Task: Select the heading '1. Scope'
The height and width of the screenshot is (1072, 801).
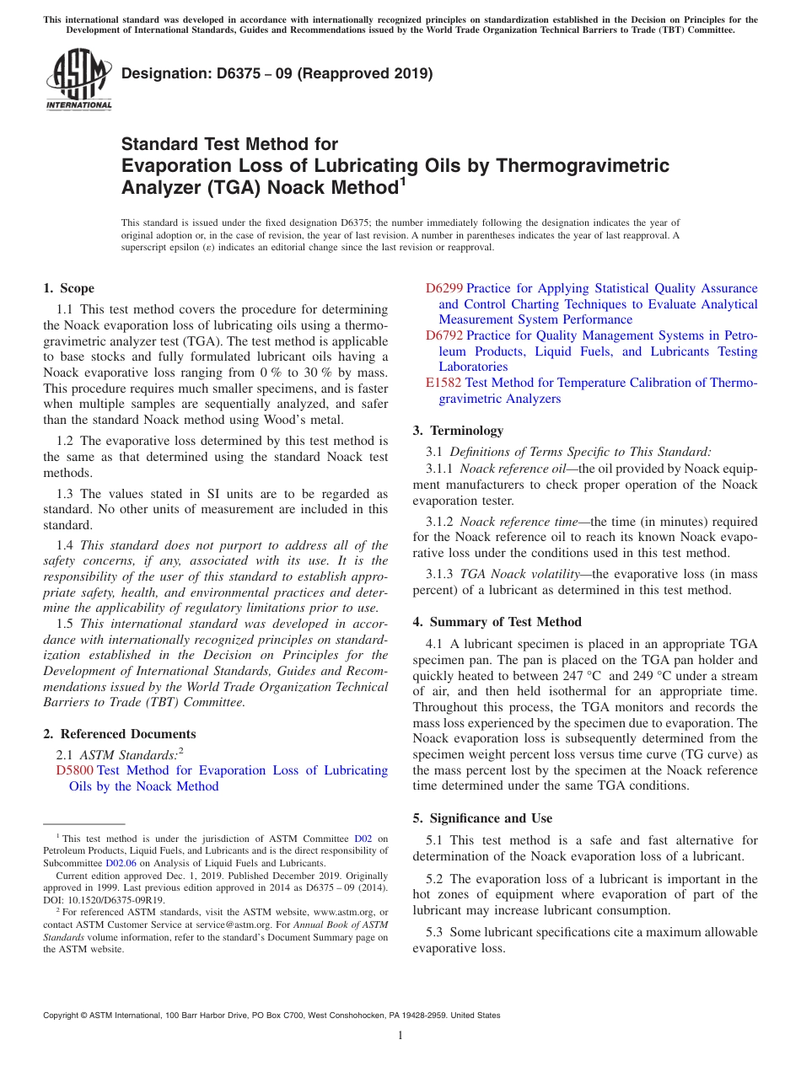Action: click(68, 288)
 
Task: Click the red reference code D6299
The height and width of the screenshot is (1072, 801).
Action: click(444, 288)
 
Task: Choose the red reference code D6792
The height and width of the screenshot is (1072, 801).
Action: click(444, 335)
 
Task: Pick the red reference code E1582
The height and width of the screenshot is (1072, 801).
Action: click(444, 383)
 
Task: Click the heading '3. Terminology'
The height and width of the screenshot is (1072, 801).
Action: click(458, 431)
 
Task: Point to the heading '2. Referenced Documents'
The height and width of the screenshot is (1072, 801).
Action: click(119, 734)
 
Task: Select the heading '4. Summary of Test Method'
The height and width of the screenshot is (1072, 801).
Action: click(497, 622)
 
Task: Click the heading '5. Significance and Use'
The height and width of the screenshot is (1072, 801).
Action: click(482, 818)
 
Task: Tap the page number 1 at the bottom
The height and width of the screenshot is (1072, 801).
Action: click(400, 1036)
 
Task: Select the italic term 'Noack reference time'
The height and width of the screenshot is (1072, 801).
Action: click(516, 522)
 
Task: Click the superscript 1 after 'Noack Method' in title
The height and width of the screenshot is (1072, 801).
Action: click(402, 180)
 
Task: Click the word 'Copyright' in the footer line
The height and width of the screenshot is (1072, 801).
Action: click(62, 1016)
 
